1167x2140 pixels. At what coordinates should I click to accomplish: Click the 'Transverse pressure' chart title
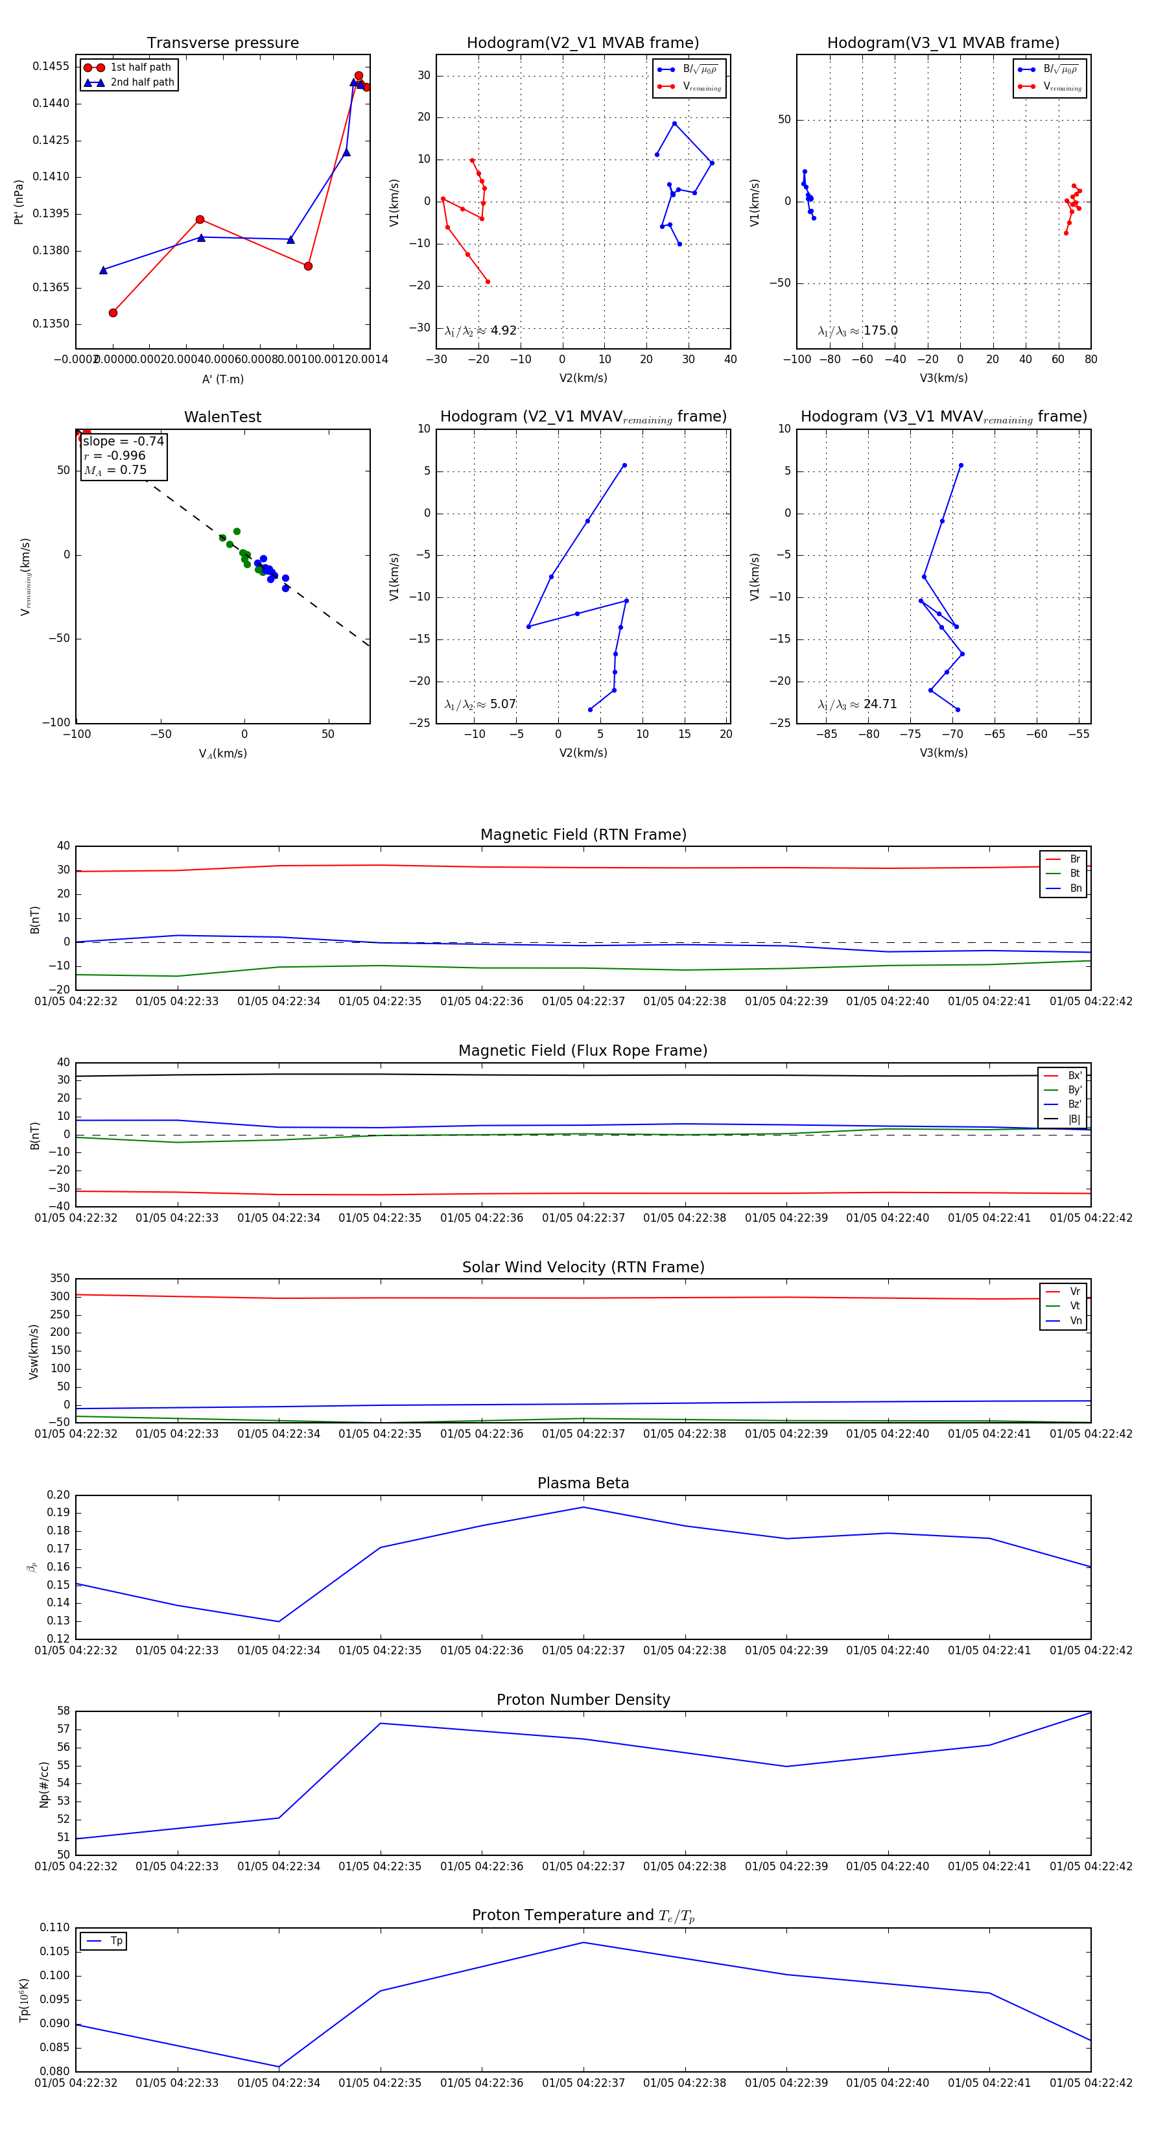222,43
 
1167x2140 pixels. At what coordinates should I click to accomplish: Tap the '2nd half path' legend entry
142,82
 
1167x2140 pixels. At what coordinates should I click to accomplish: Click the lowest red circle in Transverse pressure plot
113,313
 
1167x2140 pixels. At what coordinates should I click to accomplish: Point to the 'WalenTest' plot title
222,417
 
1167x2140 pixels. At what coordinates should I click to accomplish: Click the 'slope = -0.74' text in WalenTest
123,441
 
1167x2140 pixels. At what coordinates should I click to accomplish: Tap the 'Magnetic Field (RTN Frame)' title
583,835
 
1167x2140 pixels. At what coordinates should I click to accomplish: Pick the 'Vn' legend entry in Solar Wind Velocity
1075,1322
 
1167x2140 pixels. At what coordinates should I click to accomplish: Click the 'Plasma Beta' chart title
583,1484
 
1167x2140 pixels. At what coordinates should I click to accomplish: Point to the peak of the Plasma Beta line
583,1507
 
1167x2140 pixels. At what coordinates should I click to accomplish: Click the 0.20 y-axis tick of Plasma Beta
58,1495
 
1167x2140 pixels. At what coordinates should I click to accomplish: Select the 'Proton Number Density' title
583,1700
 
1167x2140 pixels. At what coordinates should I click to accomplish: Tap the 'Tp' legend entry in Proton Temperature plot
116,1942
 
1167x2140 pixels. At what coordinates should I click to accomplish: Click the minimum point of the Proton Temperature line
279,2067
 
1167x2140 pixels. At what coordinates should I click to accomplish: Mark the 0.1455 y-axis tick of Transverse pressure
51,66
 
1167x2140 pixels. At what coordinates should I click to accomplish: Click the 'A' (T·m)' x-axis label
222,379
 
